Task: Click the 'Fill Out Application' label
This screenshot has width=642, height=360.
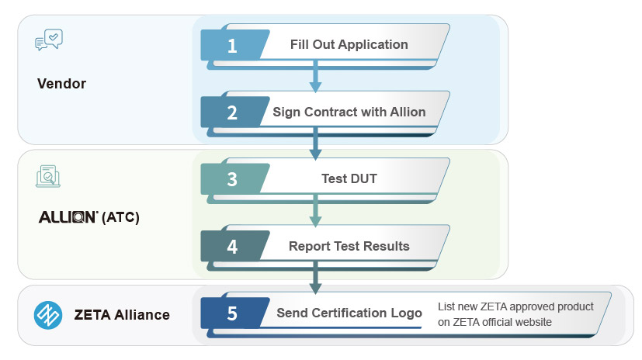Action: [349, 44]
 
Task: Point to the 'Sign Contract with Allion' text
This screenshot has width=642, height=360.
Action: [349, 112]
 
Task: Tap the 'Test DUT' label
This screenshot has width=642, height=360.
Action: [349, 178]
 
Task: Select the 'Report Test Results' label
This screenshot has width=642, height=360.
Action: [349, 246]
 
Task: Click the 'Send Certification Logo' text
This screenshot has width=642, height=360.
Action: [349, 313]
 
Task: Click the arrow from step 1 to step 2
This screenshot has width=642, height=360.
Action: [315, 76]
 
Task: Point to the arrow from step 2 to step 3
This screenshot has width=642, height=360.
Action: [315, 144]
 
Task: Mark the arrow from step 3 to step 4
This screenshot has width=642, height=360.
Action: [315, 211]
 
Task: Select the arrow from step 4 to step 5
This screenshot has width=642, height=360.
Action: [315, 278]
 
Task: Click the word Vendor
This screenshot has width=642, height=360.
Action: [62, 84]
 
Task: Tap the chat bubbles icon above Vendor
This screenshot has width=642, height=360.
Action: [49, 40]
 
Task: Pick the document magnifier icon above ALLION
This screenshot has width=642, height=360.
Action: [48, 176]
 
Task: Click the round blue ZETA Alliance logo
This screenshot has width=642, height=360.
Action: [48, 316]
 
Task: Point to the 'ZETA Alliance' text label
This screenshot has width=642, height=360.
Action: [122, 314]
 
